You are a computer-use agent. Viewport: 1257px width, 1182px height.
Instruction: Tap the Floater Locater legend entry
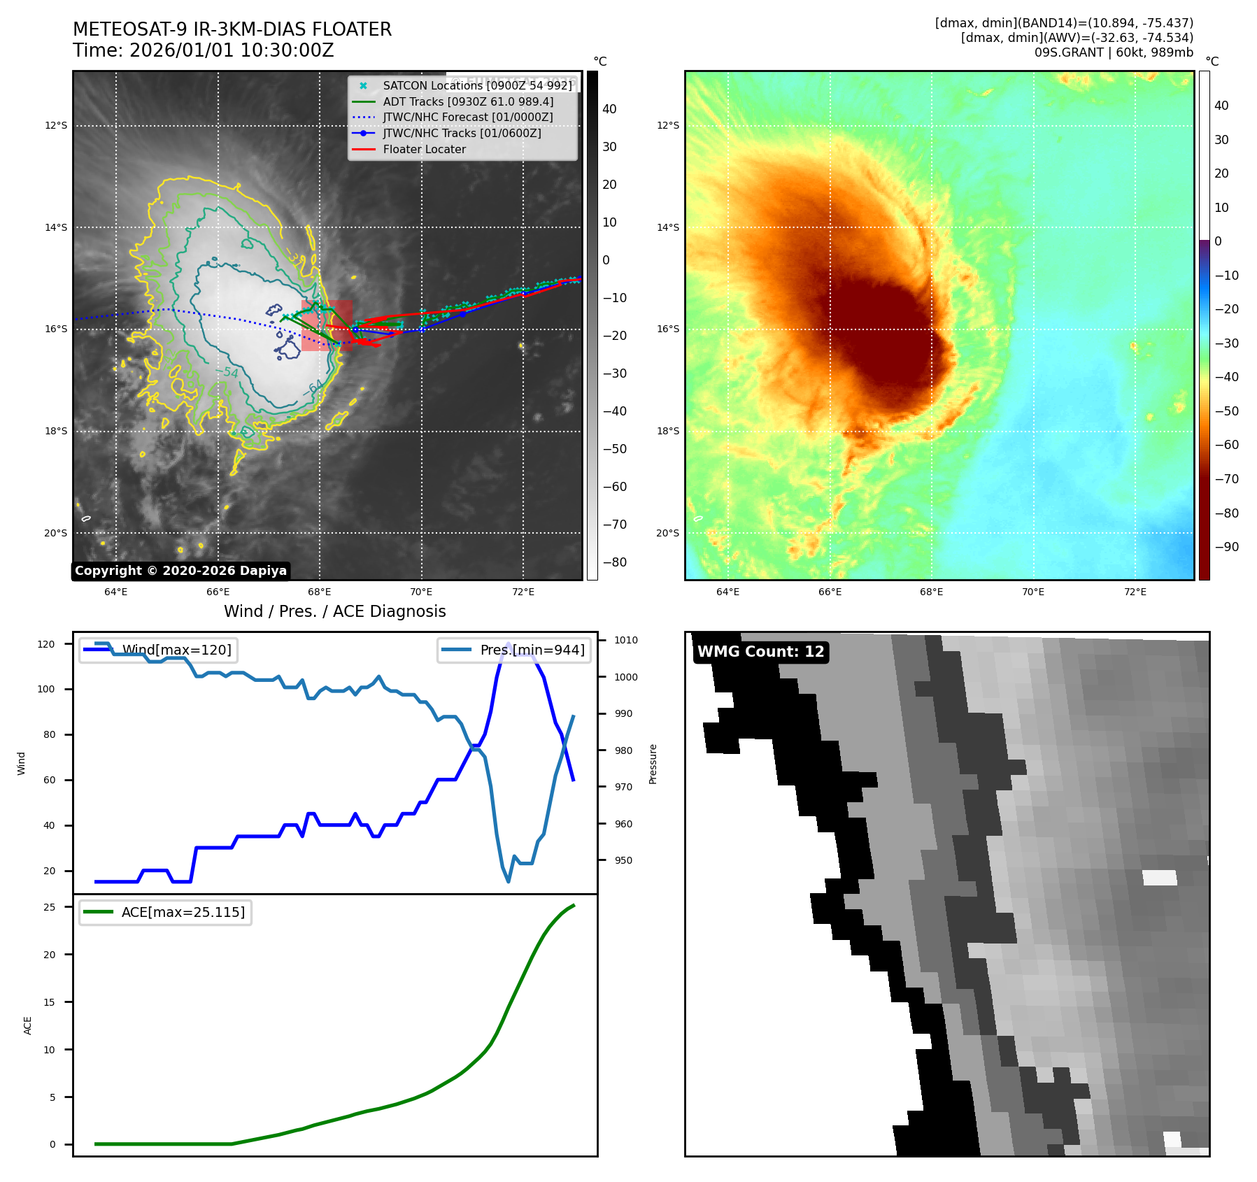[x=424, y=149]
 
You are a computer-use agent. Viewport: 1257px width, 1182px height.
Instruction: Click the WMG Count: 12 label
[x=760, y=652]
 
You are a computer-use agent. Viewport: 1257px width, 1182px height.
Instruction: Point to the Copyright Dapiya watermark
[x=180, y=571]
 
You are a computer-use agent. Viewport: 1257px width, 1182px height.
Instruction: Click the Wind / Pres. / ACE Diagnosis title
[x=334, y=611]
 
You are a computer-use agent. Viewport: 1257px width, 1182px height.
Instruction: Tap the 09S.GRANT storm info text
[x=1114, y=52]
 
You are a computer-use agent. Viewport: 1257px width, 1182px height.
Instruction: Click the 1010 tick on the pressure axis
[x=626, y=640]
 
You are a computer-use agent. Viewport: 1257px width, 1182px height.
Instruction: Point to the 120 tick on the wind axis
[x=46, y=644]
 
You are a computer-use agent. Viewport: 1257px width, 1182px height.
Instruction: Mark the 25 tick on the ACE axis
[x=50, y=907]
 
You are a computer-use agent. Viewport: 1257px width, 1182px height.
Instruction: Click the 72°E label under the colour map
[x=1135, y=592]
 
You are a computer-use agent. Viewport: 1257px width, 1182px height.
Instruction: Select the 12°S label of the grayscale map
[x=56, y=126]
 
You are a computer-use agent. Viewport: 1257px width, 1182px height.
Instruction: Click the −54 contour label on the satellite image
[x=227, y=372]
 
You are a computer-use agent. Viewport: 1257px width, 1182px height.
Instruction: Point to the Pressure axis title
[x=653, y=764]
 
